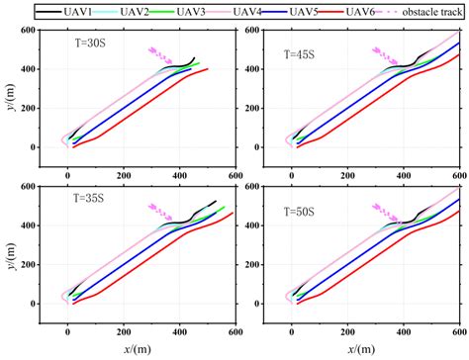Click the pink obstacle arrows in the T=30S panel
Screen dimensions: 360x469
[x=157, y=53]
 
